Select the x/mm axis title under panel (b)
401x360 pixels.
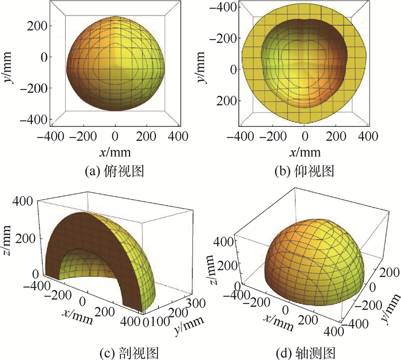point(305,152)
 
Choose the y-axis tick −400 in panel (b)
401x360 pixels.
point(224,9)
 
